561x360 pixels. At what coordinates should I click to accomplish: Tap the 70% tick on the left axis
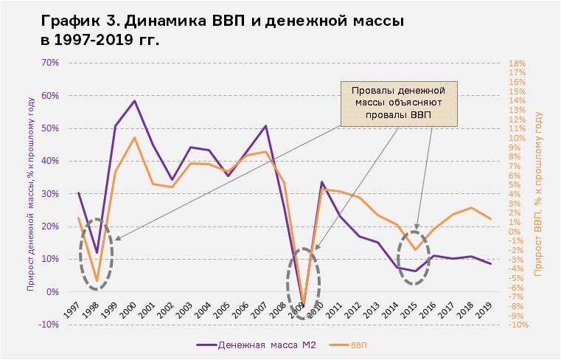[50, 63]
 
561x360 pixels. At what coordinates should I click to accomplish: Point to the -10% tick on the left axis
[49, 325]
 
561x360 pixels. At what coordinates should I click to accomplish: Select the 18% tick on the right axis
[517, 63]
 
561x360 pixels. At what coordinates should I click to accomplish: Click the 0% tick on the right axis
[515, 232]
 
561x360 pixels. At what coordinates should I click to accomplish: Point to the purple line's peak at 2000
[134, 101]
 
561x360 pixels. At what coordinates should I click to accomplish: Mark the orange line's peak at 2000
[134, 138]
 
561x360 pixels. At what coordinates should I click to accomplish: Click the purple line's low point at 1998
[97, 253]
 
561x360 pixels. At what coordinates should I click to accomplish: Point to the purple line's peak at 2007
[265, 126]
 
